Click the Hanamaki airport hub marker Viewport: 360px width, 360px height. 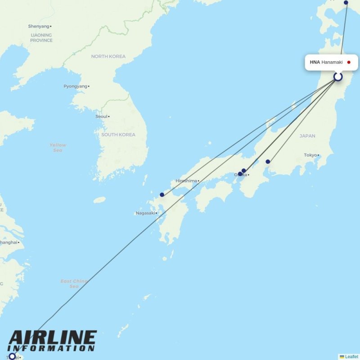pyautogui.click(x=338, y=77)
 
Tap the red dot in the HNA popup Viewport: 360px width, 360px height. pyautogui.click(x=349, y=62)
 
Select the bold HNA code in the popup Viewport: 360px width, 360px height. pyautogui.click(x=315, y=62)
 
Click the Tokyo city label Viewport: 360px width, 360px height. pyautogui.click(x=310, y=155)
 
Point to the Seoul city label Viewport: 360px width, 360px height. pyautogui.click(x=101, y=117)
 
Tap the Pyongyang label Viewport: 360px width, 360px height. pyautogui.click(x=75, y=86)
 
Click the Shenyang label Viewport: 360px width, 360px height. pyautogui.click(x=38, y=27)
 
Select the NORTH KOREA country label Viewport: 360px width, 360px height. pyautogui.click(x=108, y=56)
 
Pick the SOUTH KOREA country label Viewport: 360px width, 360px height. pyautogui.click(x=118, y=135)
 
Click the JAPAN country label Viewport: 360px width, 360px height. pyautogui.click(x=308, y=135)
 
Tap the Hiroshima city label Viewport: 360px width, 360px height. pyautogui.click(x=186, y=181)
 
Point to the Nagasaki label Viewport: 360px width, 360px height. pyautogui.click(x=145, y=213)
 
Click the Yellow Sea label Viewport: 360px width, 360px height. pyautogui.click(x=58, y=148)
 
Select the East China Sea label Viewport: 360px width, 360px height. pyautogui.click(x=74, y=283)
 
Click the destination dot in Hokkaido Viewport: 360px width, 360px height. pyautogui.click(x=346, y=3)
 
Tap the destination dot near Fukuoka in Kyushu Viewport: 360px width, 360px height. pyautogui.click(x=162, y=195)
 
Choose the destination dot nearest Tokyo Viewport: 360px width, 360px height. pyautogui.click(x=268, y=162)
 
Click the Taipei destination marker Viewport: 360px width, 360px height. pyautogui.click(x=12, y=356)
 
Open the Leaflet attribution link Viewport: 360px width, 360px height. pyautogui.click(x=351, y=356)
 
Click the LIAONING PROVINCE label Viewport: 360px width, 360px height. pyautogui.click(x=41, y=38)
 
